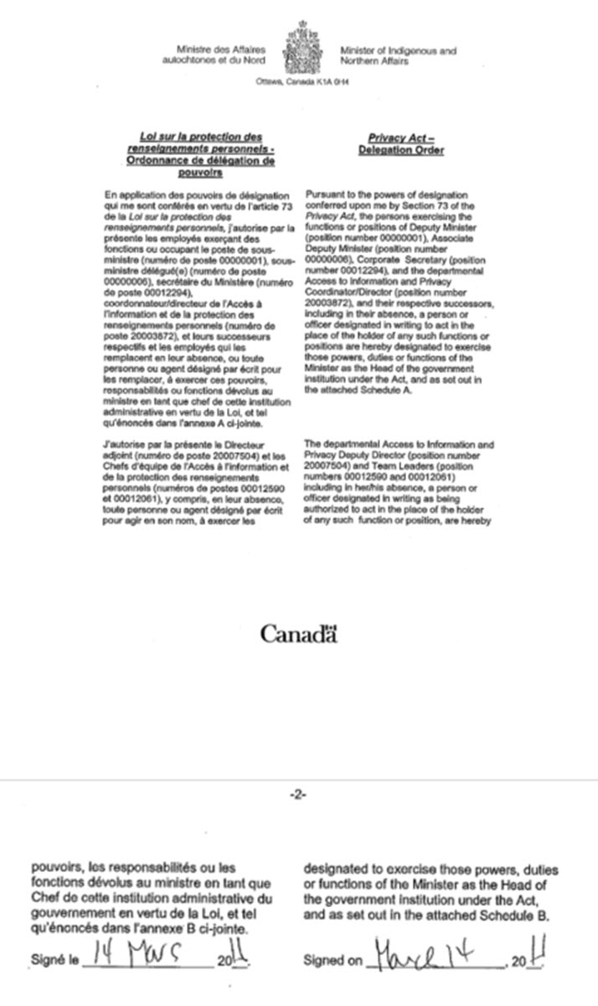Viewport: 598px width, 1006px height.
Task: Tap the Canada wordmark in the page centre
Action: click(298, 634)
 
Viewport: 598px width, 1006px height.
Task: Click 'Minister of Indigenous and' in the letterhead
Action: click(398, 51)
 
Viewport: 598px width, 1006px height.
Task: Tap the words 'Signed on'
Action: click(333, 961)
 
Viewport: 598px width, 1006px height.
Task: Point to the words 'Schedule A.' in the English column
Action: click(380, 390)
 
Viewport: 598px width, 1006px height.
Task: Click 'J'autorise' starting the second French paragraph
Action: click(122, 443)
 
